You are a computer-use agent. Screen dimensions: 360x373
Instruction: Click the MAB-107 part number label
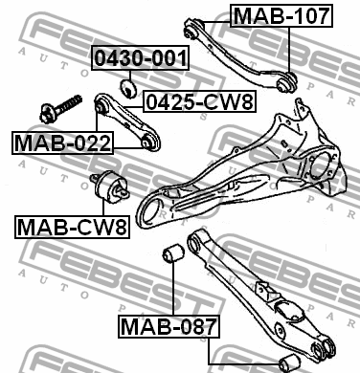[282, 15]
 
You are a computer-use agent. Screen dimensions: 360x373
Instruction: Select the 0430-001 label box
[141, 57]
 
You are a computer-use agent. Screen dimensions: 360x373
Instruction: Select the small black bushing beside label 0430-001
[124, 91]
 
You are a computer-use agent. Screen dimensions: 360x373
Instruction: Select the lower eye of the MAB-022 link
[149, 145]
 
